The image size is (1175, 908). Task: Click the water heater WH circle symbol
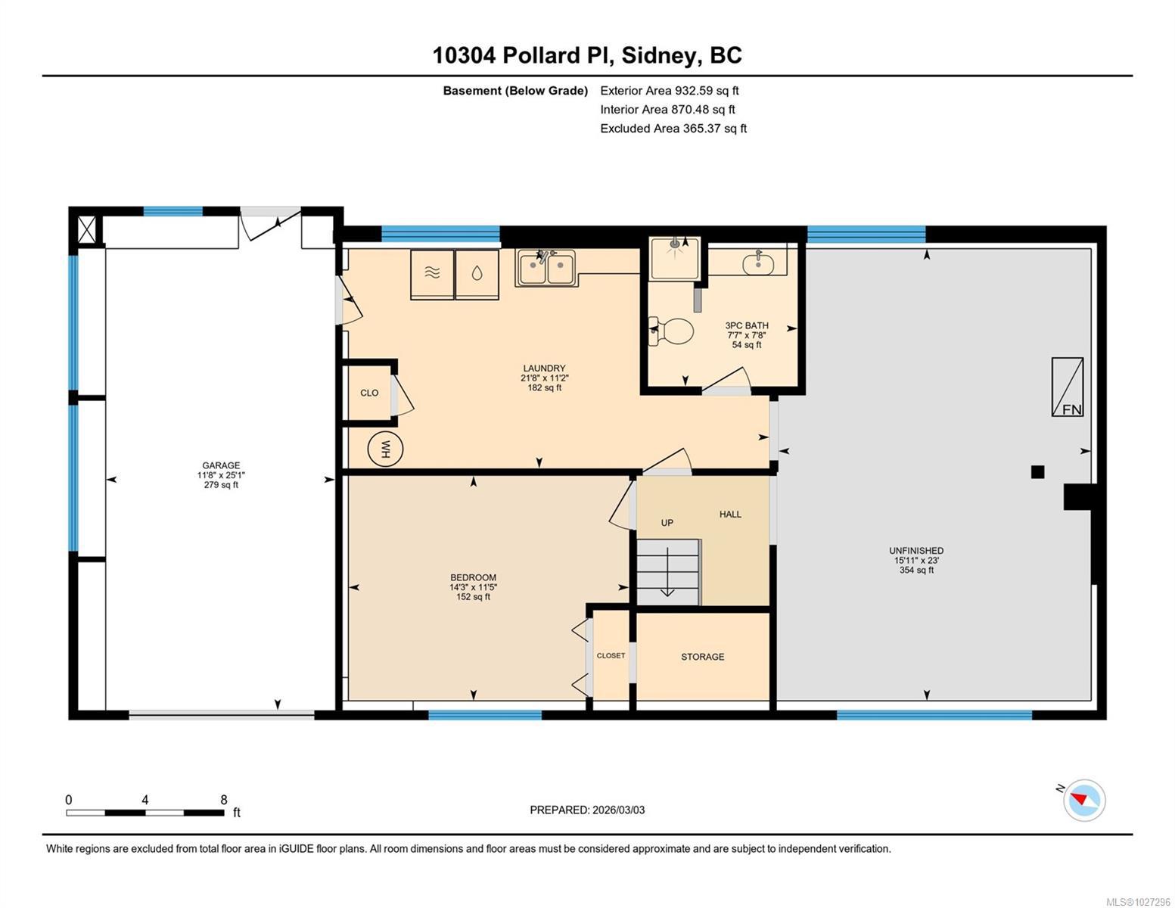[x=385, y=448]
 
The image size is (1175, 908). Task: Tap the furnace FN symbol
[x=1067, y=387]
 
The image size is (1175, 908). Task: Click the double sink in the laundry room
[x=546, y=267]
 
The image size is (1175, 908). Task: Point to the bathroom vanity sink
[x=757, y=263]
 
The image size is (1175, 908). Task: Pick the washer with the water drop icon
[x=477, y=274]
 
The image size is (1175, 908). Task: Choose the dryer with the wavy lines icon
[x=432, y=274]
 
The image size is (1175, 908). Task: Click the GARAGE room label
[x=221, y=465]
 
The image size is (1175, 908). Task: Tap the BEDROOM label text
[x=473, y=577]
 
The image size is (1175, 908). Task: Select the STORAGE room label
[x=702, y=657]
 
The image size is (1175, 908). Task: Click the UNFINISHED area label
[x=916, y=551]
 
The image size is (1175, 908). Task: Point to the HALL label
[x=730, y=515]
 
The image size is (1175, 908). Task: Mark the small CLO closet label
[x=369, y=393]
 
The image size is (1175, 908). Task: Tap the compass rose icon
[x=1083, y=801]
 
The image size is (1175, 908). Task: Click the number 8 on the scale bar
[x=223, y=800]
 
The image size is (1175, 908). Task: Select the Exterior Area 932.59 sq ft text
[x=670, y=90]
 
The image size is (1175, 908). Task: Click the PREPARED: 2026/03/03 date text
[x=587, y=810]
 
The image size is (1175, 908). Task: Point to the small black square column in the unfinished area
[x=1037, y=472]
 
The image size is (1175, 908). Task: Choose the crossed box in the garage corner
[x=86, y=229]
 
